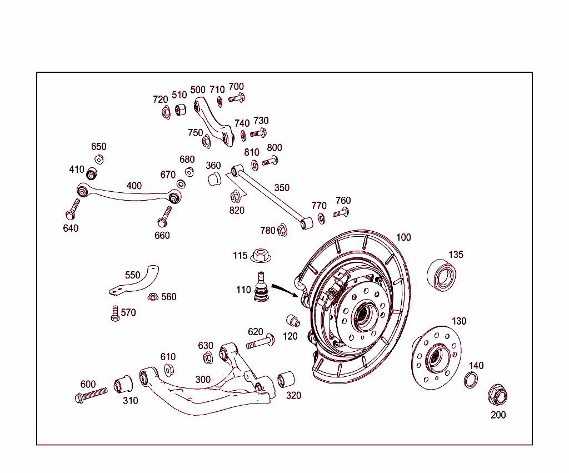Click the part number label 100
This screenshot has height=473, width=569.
click(403, 237)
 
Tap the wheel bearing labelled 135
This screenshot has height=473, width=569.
click(443, 275)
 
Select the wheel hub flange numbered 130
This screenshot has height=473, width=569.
click(436, 358)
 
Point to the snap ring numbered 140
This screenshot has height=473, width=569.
click(471, 380)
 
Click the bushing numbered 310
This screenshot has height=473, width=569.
click(123, 384)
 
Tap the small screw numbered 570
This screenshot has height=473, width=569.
click(115, 314)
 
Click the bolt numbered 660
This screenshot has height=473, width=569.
click(164, 216)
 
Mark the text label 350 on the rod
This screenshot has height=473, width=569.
click(282, 188)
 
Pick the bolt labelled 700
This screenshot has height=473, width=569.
click(236, 99)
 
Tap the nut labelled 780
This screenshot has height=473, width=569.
click(282, 229)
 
